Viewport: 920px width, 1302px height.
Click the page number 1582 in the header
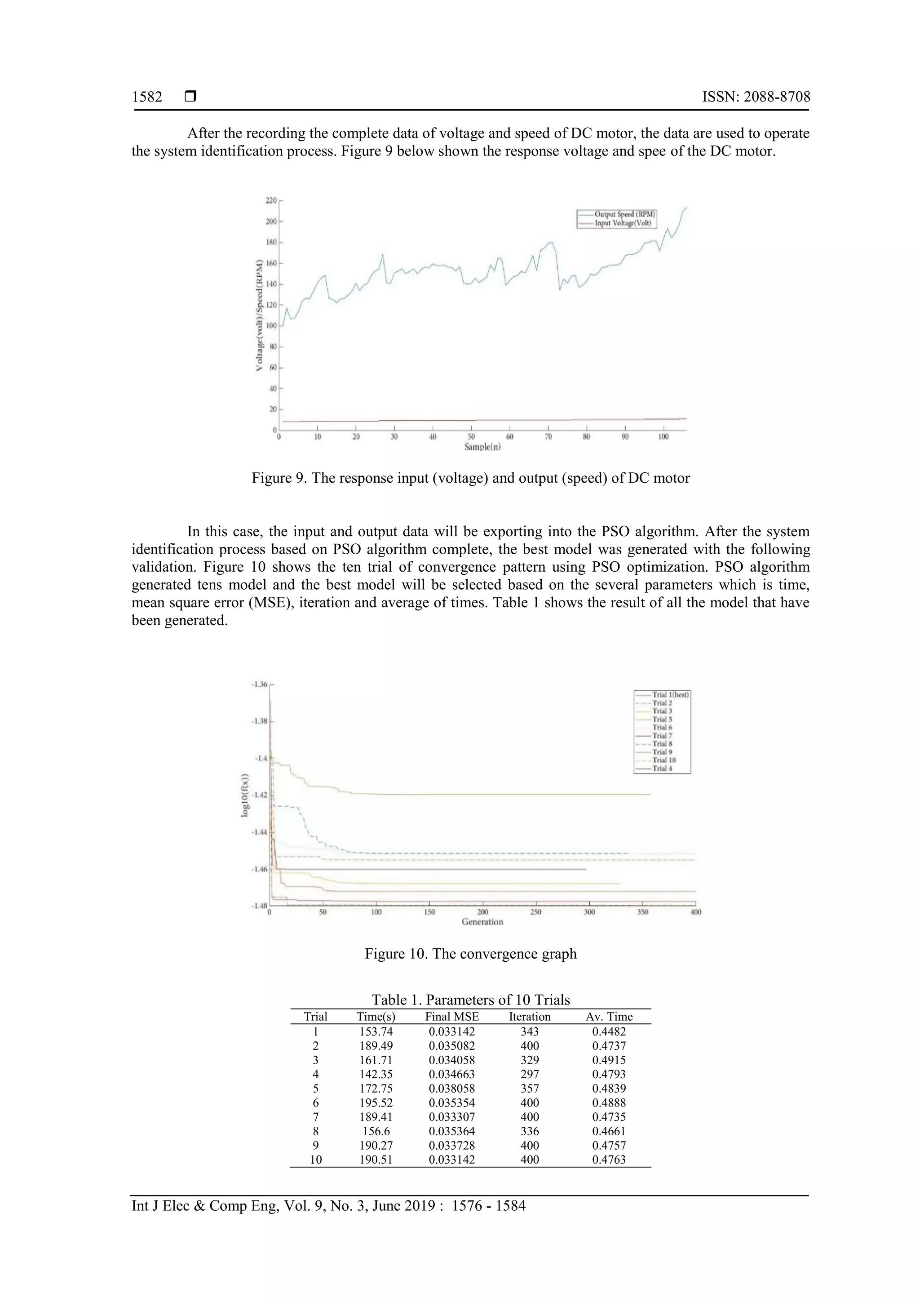(x=147, y=97)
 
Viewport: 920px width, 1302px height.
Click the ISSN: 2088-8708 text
(x=756, y=97)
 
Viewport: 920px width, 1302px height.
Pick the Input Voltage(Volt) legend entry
(x=623, y=223)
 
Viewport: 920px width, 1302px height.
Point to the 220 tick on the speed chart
(x=271, y=201)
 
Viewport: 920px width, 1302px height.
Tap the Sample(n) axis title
(x=482, y=447)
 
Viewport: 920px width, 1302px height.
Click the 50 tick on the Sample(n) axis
(x=471, y=437)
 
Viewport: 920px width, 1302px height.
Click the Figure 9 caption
(x=470, y=478)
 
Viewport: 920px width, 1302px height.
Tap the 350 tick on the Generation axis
(x=642, y=912)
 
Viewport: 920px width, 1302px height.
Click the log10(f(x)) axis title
(x=245, y=795)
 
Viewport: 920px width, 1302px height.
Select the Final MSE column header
(x=452, y=1017)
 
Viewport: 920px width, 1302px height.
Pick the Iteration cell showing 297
(x=530, y=1074)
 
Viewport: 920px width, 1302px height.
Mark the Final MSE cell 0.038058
(x=452, y=1088)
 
